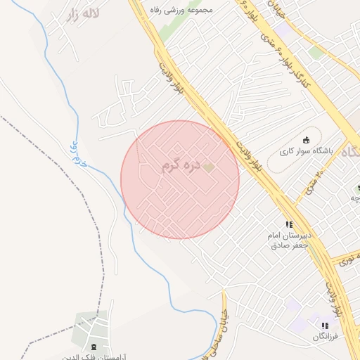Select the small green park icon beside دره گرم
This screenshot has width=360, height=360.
click(208, 167)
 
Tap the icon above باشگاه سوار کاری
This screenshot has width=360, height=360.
click(305, 139)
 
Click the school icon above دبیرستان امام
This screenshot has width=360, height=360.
click(289, 224)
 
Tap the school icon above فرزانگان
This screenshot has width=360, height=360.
click(324, 326)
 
